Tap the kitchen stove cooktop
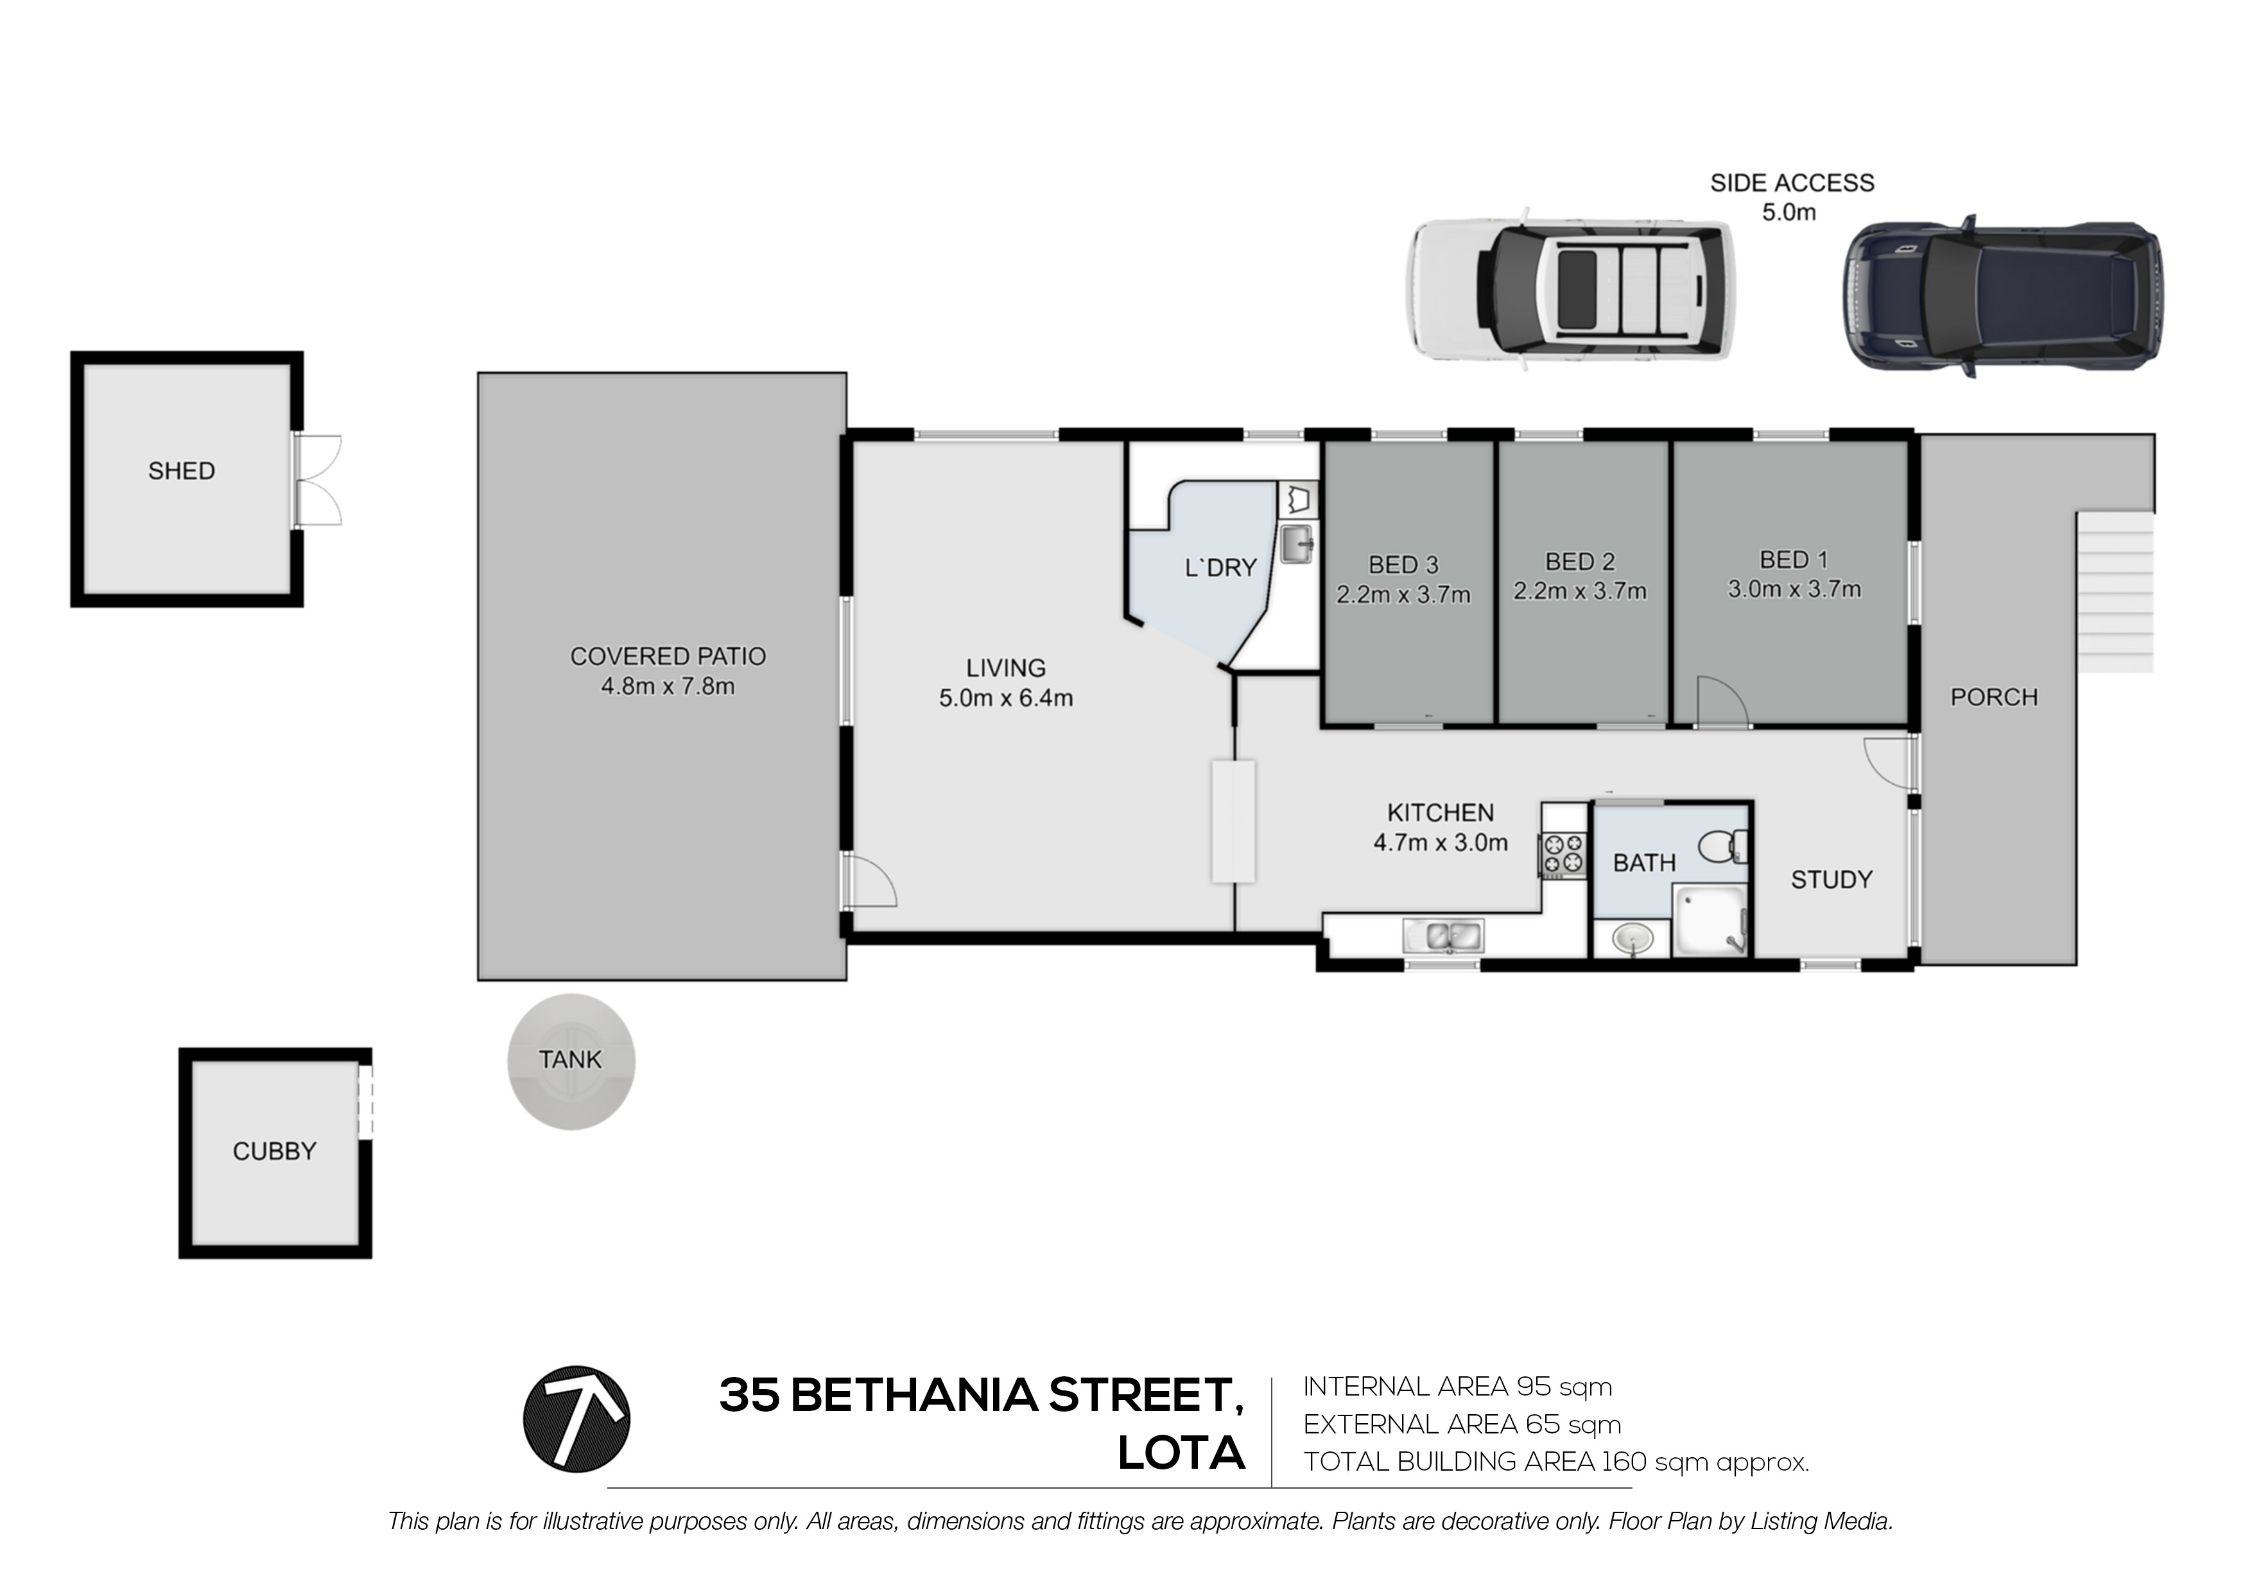pos(1563,853)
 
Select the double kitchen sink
pos(1443,936)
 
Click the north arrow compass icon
pos(576,1419)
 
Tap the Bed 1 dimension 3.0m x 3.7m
pos(1794,589)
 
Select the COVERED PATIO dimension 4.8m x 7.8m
pos(668,687)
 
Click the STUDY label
pos(1832,880)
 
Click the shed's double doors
pos(317,481)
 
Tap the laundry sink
pos(1297,544)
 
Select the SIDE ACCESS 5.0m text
pos(1791,196)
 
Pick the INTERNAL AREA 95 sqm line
pos(1457,1387)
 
